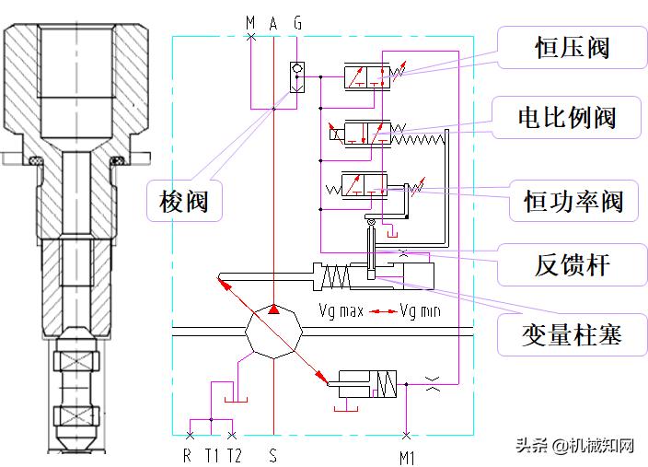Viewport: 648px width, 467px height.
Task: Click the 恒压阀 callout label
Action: click(572, 48)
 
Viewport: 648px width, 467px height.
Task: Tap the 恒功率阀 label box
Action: click(573, 200)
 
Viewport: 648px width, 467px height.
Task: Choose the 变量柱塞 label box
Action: click(572, 333)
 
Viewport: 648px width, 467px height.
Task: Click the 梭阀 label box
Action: click(184, 200)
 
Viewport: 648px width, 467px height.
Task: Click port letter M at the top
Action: click(250, 21)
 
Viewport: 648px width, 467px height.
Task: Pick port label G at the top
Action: click(296, 21)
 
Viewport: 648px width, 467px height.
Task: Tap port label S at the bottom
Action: click(273, 454)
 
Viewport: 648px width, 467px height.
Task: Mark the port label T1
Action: click(212, 454)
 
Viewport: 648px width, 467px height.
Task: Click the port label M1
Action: click(406, 455)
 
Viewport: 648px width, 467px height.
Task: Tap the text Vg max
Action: click(341, 310)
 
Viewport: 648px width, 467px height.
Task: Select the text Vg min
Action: click(421, 310)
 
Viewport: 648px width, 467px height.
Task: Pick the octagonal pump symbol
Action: click(273, 337)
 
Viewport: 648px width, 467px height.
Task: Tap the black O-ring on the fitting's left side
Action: click(36, 161)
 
